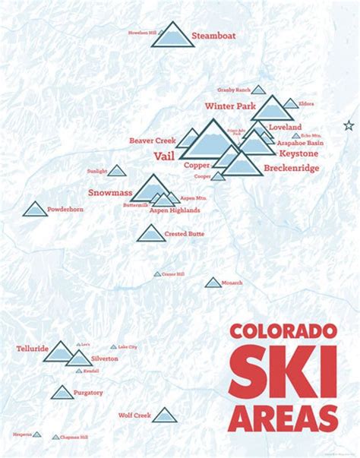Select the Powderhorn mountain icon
coord(35,209)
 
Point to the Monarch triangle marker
coord(213,283)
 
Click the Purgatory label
coord(89,393)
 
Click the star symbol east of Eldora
coord(349,125)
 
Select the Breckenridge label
coord(292,168)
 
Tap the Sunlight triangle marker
coord(117,172)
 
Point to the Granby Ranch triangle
coord(258,90)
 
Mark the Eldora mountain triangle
coord(291,103)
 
